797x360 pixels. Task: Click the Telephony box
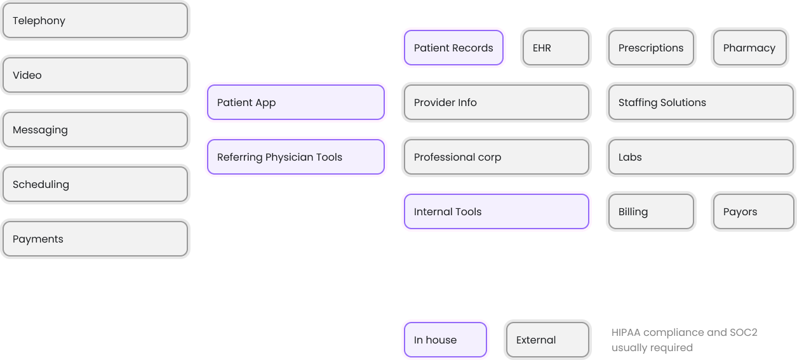click(95, 21)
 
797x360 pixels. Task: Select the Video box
click(95, 75)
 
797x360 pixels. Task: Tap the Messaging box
click(95, 130)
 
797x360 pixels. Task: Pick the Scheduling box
click(95, 184)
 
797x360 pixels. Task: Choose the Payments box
click(95, 239)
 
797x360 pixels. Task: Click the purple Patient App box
click(295, 102)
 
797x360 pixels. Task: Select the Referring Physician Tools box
click(295, 157)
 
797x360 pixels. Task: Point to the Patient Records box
click(453, 48)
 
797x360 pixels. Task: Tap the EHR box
click(556, 48)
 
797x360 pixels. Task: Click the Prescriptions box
click(651, 48)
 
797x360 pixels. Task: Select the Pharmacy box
click(753, 48)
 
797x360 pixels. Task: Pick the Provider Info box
click(496, 102)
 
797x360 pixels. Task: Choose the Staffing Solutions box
click(700, 102)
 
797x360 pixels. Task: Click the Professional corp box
click(496, 157)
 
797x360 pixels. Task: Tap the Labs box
click(700, 157)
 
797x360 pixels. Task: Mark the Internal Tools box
click(496, 211)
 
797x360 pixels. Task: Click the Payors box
click(753, 211)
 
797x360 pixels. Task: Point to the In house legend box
click(445, 340)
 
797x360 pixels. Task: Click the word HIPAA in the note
click(626, 333)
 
